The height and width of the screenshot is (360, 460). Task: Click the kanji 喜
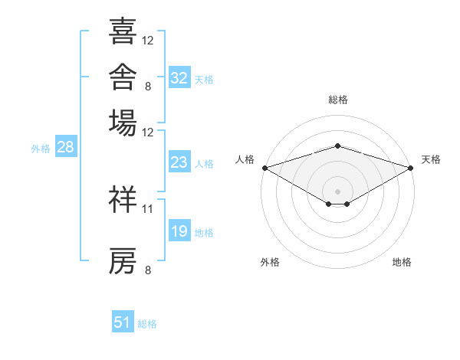tap(123, 31)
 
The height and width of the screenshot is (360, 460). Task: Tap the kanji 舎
tap(123, 77)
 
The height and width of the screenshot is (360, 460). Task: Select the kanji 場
tap(123, 123)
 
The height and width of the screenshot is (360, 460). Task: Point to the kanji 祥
tap(123, 199)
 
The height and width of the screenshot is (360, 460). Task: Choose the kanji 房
tap(123, 260)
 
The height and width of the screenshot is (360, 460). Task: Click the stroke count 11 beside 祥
tap(147, 209)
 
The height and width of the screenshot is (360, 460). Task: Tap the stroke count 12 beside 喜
tap(147, 41)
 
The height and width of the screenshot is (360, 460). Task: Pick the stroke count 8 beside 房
tap(148, 270)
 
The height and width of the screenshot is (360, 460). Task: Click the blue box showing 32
tap(179, 77)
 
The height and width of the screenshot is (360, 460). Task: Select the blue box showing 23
tap(179, 162)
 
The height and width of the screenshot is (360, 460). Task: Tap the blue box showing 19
tap(179, 230)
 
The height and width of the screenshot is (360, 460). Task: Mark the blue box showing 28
tap(66, 146)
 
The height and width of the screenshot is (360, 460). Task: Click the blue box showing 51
tap(123, 321)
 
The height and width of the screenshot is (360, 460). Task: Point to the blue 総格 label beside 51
tap(147, 324)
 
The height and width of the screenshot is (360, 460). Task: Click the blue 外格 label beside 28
tap(41, 149)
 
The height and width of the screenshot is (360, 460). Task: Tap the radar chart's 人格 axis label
tap(245, 159)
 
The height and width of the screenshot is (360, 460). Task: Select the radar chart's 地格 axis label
tap(402, 262)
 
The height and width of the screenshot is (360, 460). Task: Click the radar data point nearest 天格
tap(411, 168)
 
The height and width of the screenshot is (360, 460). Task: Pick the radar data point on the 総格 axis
tap(337, 146)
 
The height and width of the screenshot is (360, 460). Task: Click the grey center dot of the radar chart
tap(337, 191)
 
